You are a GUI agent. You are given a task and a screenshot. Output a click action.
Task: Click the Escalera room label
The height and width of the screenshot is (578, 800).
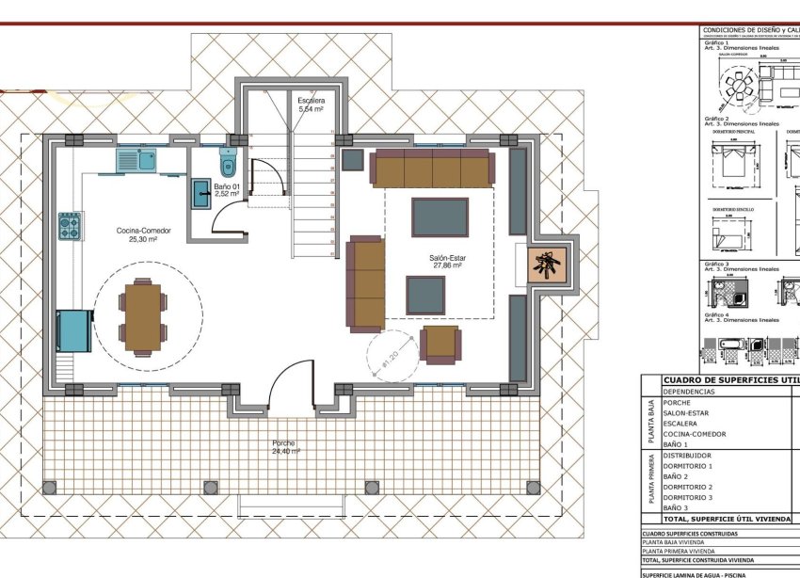[x=311, y=104]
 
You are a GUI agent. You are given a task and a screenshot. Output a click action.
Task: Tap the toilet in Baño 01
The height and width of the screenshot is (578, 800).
[x=228, y=162]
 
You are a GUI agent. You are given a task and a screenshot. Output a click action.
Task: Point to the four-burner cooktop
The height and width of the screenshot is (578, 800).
[x=70, y=226]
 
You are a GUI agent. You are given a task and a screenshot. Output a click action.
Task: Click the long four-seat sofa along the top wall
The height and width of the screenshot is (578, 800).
[x=431, y=168]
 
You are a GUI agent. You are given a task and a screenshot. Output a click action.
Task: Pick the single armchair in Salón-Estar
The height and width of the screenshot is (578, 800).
[x=440, y=344]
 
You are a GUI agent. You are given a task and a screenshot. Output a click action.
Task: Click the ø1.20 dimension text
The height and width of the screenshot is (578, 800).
[x=388, y=360]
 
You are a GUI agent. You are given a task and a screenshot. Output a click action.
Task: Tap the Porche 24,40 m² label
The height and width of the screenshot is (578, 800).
[x=284, y=447]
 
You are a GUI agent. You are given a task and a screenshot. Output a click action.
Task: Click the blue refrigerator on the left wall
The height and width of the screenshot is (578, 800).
[x=73, y=329]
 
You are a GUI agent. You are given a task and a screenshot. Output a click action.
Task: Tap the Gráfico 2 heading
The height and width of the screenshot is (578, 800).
[x=717, y=119]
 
